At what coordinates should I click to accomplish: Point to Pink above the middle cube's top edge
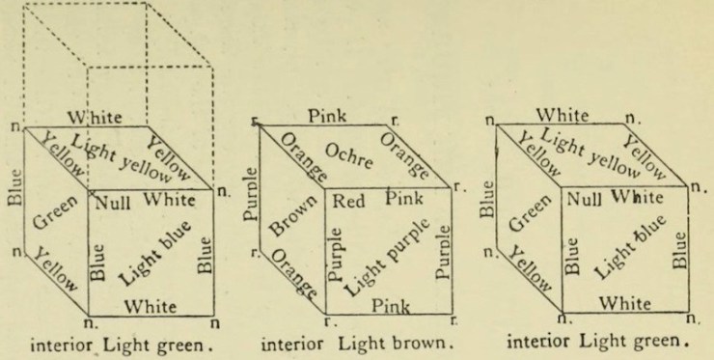[x=329, y=116]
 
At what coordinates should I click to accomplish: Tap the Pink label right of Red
[x=403, y=200]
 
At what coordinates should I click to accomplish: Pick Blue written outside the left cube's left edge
[x=14, y=189]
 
